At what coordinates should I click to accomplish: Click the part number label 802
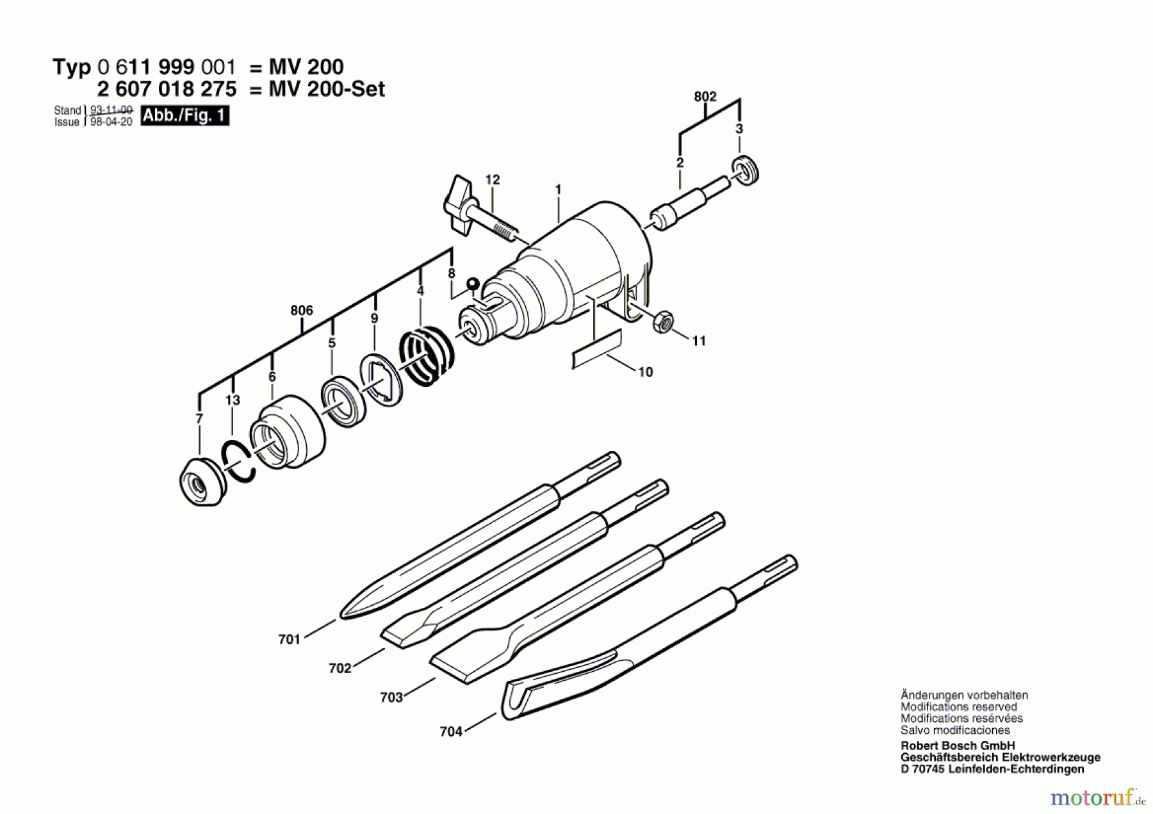pyautogui.click(x=705, y=97)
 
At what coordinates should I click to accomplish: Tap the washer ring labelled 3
pyautogui.click(x=745, y=171)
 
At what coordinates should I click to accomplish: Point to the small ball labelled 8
pyautogui.click(x=473, y=283)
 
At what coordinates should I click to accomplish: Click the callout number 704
pyautogui.click(x=450, y=731)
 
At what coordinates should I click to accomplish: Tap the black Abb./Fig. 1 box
pyautogui.click(x=184, y=116)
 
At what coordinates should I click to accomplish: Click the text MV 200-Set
pyautogui.click(x=327, y=89)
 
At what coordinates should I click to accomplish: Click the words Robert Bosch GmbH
pyautogui.click(x=957, y=745)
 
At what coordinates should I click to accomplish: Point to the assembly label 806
pyautogui.click(x=302, y=311)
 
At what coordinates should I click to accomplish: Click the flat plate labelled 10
pyautogui.click(x=596, y=349)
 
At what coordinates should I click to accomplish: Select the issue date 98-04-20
pyautogui.click(x=111, y=122)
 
